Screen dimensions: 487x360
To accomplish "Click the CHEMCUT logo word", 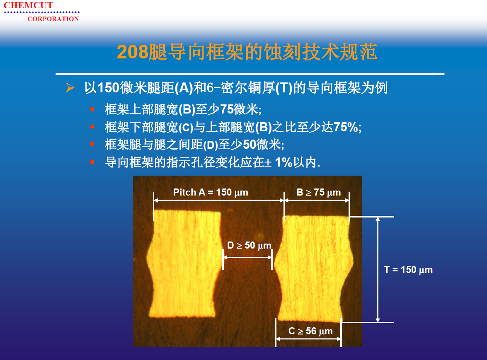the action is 28,5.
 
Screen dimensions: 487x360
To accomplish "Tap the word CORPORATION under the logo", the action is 53,19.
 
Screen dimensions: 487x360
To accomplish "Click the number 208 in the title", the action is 133,52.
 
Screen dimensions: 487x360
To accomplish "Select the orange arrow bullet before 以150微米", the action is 70,87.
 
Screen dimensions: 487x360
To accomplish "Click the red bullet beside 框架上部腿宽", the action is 92,109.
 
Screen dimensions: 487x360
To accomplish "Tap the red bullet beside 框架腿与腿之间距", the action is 92,144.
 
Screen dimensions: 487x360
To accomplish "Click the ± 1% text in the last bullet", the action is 279,162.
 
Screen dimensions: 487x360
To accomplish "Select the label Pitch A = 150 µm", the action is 211,192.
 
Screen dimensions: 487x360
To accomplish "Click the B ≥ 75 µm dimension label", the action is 319,192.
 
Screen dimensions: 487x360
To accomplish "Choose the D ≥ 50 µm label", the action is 249,246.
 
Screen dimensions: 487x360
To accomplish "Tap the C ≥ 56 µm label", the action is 310,331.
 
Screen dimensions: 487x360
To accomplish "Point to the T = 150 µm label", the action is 408,270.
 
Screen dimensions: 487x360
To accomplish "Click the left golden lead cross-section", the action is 184,264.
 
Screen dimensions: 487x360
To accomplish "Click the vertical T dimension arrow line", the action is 378,269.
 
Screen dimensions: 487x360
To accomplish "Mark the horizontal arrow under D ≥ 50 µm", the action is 247,257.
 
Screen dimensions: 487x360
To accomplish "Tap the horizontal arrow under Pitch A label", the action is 219,201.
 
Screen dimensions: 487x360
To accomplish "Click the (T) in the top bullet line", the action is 284,88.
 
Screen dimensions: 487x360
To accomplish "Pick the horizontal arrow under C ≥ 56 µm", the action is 308,339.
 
